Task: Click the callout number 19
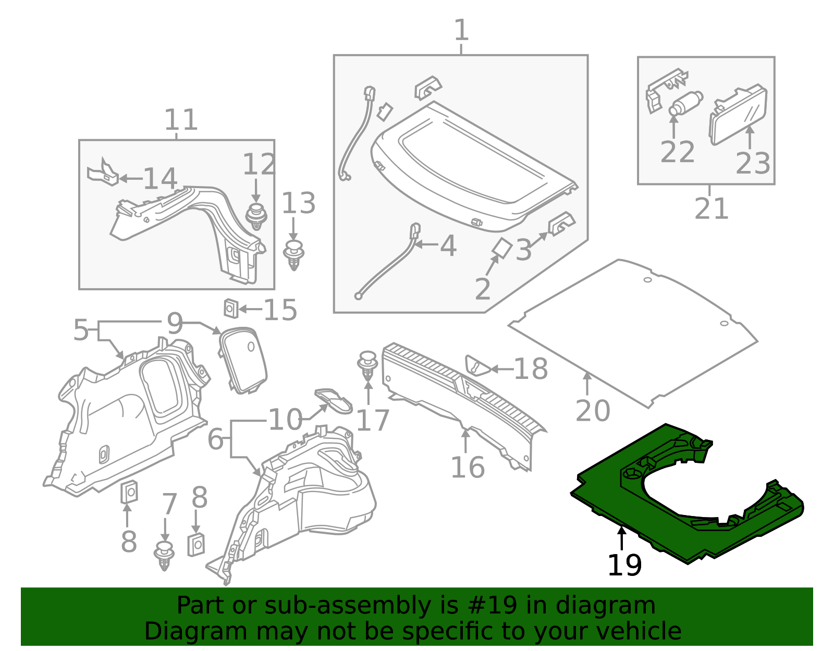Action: [x=624, y=566]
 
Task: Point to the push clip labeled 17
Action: [x=368, y=365]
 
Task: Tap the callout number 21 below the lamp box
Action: [x=712, y=209]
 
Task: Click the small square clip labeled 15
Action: [x=231, y=309]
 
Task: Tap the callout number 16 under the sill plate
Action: [x=467, y=467]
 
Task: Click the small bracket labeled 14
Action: [x=103, y=173]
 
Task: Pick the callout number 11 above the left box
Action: [x=181, y=120]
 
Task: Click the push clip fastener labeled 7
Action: [x=165, y=556]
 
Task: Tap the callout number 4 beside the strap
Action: [x=448, y=245]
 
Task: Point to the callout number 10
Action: [x=285, y=420]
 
